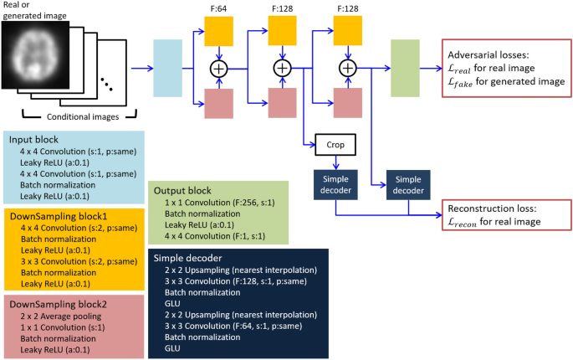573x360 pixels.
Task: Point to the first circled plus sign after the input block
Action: pos(220,67)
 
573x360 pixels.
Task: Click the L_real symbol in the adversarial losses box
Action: pos(463,65)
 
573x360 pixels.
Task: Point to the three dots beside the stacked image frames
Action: pos(106,85)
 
